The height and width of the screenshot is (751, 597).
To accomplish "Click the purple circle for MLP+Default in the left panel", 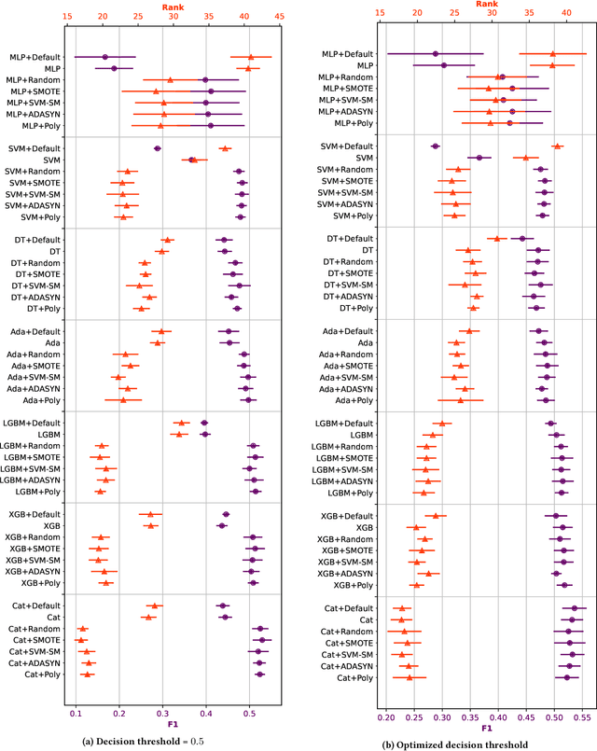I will coord(104,57).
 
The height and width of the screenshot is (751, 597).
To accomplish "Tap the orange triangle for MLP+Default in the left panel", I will coord(250,57).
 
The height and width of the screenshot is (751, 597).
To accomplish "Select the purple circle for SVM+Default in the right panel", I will coord(435,146).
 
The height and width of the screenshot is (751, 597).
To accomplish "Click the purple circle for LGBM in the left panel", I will coord(205,435).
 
